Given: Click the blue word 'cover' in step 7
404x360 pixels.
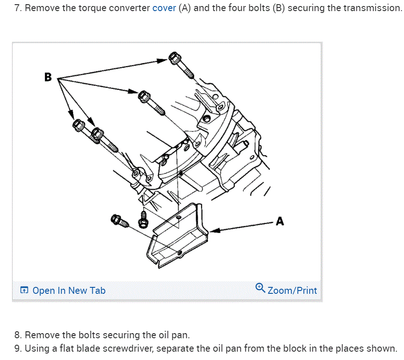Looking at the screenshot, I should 164,8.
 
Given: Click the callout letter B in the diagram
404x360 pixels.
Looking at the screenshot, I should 48,77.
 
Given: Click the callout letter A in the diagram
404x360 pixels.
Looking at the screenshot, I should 280,222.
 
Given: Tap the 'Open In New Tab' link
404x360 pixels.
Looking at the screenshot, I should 68,291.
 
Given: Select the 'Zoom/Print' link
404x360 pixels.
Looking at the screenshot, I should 292,291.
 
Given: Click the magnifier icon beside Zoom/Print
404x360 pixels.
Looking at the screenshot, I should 260,289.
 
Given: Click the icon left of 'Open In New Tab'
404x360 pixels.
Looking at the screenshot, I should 24,291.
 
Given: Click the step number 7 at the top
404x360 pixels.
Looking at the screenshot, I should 17,8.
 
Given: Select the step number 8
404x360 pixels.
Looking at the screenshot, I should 17,335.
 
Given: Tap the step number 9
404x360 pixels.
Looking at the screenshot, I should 17,348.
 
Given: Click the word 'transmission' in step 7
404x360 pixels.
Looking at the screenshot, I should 373,8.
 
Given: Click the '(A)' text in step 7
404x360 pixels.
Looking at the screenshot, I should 184,8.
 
